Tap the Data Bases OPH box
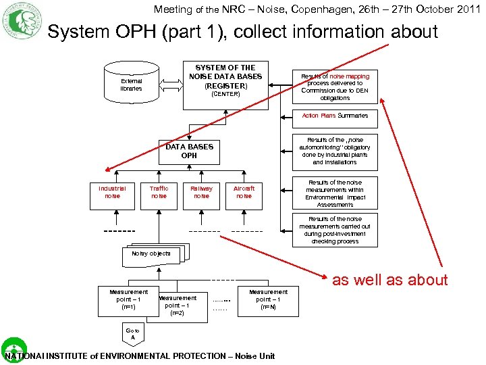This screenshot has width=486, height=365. [x=189, y=151]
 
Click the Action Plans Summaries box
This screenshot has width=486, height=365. [x=335, y=116]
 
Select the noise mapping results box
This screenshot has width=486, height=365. [x=335, y=87]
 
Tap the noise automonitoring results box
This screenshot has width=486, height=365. [x=335, y=151]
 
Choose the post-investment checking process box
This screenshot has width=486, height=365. [x=335, y=230]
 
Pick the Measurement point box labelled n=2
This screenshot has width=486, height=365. [x=178, y=306]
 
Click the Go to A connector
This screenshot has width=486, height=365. [x=133, y=334]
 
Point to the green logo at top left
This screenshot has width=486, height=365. [x=22, y=21]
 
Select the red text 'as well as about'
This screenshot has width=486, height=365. [x=389, y=280]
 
